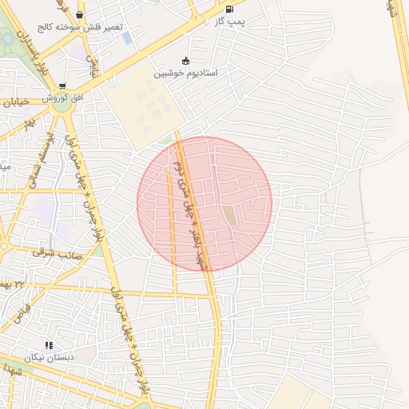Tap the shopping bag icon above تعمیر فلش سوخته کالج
pos(79,14)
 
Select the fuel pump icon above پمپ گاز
pos(230,10)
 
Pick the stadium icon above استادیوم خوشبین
pos(186,60)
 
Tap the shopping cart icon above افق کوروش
pos(62,86)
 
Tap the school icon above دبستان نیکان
pos(50,345)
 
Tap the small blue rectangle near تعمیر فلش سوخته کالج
pos(128,38)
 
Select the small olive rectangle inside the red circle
pos(229,216)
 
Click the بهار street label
pos(30,126)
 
